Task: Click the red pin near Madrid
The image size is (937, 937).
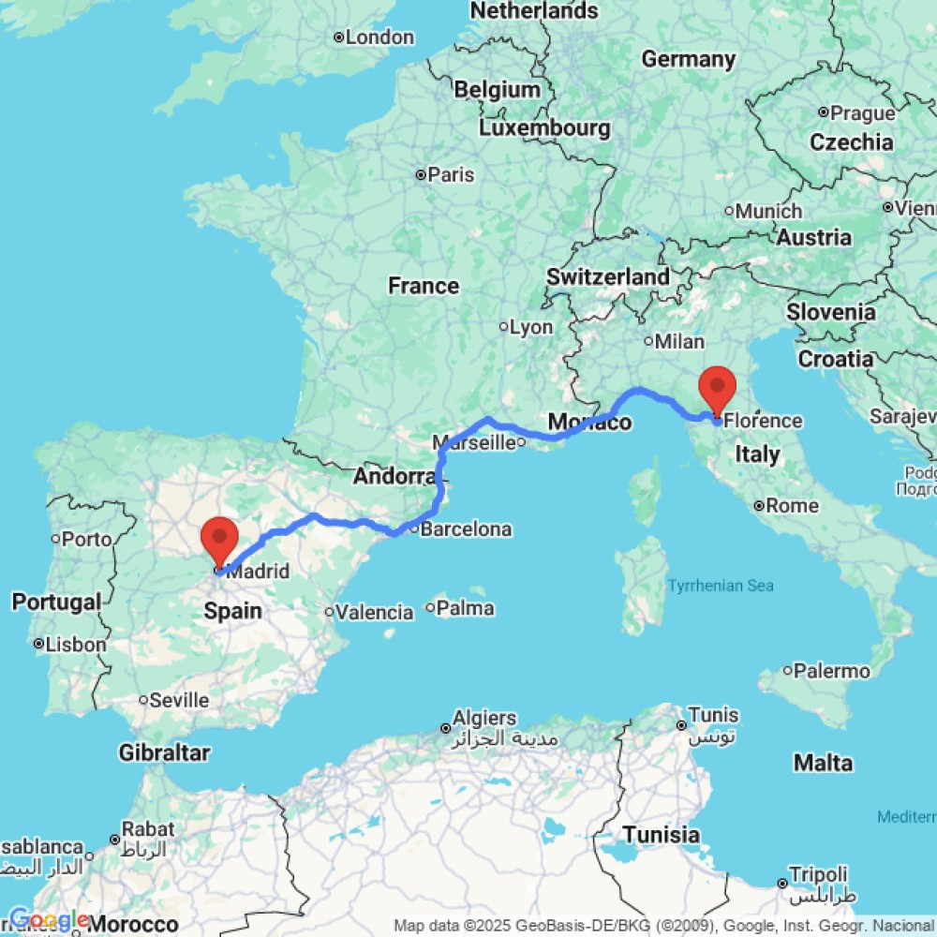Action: click(x=219, y=540)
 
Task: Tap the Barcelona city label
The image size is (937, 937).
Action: click(x=467, y=529)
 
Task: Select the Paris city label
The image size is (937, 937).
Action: click(x=452, y=174)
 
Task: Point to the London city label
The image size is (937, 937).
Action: click(x=379, y=37)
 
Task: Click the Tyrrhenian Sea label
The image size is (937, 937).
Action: click(x=721, y=586)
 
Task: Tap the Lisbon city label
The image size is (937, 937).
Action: click(x=77, y=645)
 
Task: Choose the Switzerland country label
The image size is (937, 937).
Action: click(x=608, y=276)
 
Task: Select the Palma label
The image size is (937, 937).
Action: click(x=466, y=608)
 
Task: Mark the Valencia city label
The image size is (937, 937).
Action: click(x=375, y=613)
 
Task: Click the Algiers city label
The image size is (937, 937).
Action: click(x=484, y=719)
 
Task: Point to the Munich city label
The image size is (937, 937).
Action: click(x=768, y=211)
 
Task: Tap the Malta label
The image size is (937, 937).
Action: click(x=823, y=763)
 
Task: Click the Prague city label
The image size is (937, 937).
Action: click(x=863, y=113)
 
